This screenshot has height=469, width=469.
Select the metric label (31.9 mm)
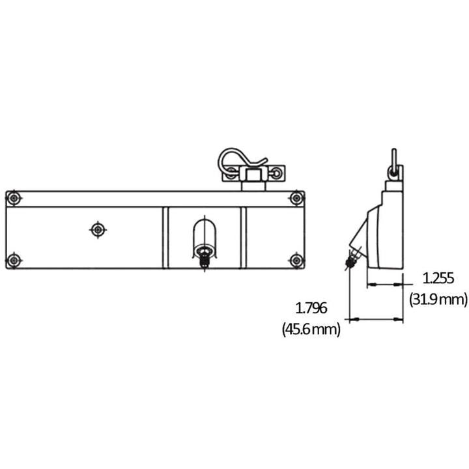pyautogui.click(x=438, y=300)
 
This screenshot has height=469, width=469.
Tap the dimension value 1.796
pyautogui.click(x=311, y=308)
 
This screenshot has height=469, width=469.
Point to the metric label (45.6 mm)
pyautogui.click(x=311, y=330)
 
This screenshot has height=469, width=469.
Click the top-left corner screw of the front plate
pyautogui.click(x=14, y=198)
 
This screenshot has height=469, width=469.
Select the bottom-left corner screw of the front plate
pyautogui.click(x=14, y=261)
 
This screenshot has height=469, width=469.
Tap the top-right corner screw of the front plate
pyautogui.click(x=296, y=198)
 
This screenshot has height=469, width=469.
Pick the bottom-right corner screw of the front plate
pyautogui.click(x=296, y=261)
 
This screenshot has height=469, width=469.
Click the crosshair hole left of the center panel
pyautogui.click(x=98, y=229)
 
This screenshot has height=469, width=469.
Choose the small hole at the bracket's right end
pyautogui.click(x=278, y=173)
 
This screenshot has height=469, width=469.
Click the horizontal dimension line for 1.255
pyautogui.click(x=384, y=285)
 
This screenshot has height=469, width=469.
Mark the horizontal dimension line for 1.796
pyautogui.click(x=376, y=319)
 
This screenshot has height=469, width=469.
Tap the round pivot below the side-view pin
pyautogui.click(x=393, y=172)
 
